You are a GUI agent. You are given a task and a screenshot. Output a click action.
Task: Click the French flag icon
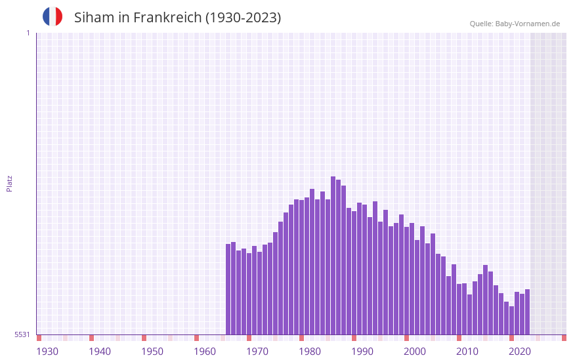tap(53, 17)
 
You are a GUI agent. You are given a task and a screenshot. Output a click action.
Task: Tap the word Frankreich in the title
tap(167, 18)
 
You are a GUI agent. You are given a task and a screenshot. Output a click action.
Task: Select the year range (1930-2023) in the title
tap(244, 18)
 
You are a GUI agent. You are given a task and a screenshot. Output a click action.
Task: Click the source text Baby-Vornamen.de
tap(528, 24)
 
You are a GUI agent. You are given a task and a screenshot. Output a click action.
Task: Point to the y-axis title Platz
tap(9, 183)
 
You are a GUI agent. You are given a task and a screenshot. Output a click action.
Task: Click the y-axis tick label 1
tap(28, 33)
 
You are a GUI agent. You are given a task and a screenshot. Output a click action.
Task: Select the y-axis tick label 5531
tap(22, 334)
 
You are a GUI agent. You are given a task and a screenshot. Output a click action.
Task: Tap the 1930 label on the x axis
tap(47, 352)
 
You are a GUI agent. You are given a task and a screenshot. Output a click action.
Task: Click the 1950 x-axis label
tap(152, 352)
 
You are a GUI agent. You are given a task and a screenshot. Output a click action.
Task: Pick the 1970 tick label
tap(257, 352)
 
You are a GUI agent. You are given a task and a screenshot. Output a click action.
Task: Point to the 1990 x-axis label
tap(362, 352)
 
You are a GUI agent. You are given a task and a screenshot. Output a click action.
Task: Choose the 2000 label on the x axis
tap(415, 352)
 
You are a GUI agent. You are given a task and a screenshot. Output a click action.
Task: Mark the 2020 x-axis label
tap(520, 352)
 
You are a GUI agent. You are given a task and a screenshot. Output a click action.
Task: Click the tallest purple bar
tap(333, 256)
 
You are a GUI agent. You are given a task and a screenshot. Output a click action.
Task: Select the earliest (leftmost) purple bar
tap(228, 289)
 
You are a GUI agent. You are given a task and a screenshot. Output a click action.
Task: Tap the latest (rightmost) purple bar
tap(527, 312)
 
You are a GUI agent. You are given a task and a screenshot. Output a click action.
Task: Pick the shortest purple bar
tap(511, 321)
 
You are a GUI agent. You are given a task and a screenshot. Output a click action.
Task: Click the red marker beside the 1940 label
tap(91, 338)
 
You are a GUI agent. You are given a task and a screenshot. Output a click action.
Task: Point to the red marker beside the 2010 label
tap(459, 338)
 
